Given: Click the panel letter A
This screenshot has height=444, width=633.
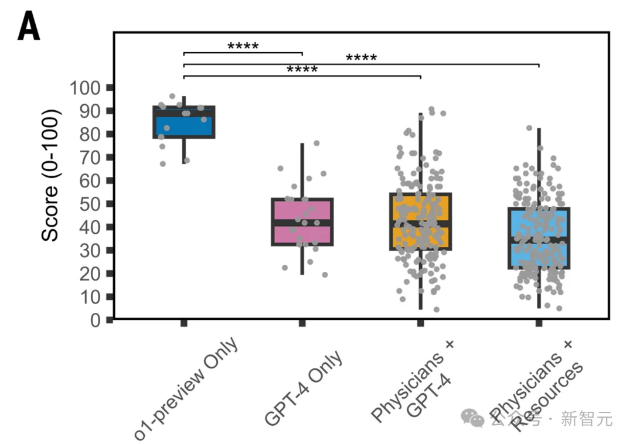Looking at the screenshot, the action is [x=29, y=26].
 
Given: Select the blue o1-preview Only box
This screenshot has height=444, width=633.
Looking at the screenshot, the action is [x=183, y=122].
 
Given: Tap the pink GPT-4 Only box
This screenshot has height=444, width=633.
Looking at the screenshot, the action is [x=302, y=222].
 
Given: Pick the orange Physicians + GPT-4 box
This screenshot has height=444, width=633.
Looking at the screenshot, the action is [x=420, y=221].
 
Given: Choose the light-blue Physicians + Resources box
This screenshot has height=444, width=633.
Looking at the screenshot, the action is [x=539, y=238].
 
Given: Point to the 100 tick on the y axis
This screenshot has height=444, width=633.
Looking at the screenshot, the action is [x=110, y=87].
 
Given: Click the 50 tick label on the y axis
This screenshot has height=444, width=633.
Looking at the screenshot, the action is [x=90, y=204].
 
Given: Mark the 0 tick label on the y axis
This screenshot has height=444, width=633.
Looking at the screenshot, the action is [x=96, y=320].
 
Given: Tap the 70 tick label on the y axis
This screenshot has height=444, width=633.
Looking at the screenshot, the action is [x=90, y=158].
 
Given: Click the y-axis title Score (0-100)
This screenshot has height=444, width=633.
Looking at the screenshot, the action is [x=50, y=175].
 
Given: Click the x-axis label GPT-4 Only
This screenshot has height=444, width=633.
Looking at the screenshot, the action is [x=303, y=388].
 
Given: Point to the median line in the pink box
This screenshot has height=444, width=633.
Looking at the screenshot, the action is [x=302, y=223].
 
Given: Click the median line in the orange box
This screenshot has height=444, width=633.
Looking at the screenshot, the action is [x=420, y=224].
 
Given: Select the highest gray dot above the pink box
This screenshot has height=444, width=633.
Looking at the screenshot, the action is [x=316, y=143].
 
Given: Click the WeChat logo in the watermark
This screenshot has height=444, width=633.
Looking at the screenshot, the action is [x=472, y=418].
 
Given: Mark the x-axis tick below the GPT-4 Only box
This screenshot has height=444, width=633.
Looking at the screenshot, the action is [x=302, y=323].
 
